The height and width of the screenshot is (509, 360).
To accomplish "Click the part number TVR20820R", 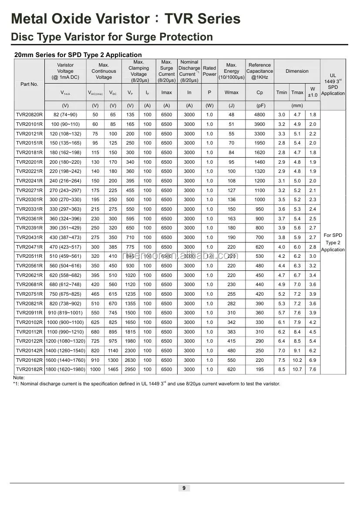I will pyautogui.click(x=29, y=115).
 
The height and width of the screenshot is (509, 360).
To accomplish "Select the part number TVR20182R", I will pyautogui.click(x=29, y=370).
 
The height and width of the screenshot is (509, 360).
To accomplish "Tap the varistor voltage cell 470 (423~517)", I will pyautogui.click(x=65, y=247).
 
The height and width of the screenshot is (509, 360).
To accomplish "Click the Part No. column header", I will pyautogui.click(x=29, y=84).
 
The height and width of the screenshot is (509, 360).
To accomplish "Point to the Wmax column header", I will pyautogui.click(x=231, y=92).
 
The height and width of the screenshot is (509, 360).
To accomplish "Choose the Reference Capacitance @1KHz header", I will pyautogui.click(x=259, y=71).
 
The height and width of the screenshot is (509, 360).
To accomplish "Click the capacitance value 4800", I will pyautogui.click(x=259, y=115).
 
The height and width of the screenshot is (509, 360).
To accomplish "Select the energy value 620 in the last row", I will pyautogui.click(x=231, y=370).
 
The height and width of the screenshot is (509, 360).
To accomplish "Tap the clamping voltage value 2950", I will pyautogui.click(x=130, y=370).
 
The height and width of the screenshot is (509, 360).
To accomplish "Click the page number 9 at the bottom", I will pyautogui.click(x=184, y=488).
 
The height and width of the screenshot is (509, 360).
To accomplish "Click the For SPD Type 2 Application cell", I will pyautogui.click(x=333, y=243).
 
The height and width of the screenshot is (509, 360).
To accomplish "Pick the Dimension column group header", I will pyautogui.click(x=297, y=71).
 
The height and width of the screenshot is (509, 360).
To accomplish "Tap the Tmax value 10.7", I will pyautogui.click(x=297, y=370).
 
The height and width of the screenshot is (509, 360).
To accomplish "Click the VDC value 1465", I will pyautogui.click(x=113, y=370).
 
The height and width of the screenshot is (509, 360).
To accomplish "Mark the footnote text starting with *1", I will pyautogui.click(x=147, y=384).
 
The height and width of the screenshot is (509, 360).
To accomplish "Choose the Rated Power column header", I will pyautogui.click(x=209, y=71).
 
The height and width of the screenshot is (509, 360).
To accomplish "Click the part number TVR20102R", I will pyautogui.click(x=29, y=323).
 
